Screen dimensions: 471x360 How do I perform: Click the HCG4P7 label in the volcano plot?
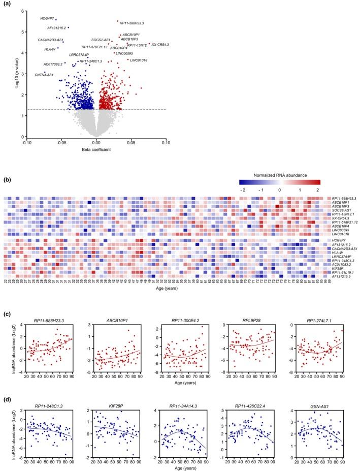click(x=47, y=19)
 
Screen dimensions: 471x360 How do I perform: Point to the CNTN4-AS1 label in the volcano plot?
click(x=44, y=75)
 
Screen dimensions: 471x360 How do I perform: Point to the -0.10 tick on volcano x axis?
click(x=26, y=143)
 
